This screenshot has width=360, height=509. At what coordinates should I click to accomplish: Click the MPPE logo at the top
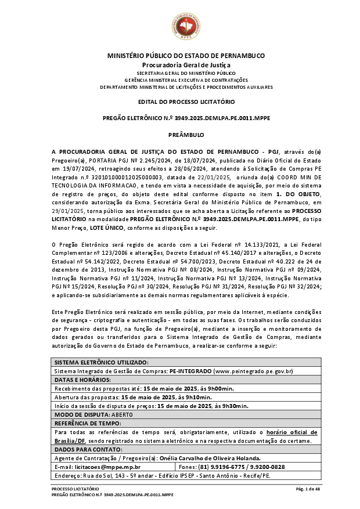pyautogui.click(x=186, y=25)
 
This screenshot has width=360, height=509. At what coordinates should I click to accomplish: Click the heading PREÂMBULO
pyautogui.click(x=186, y=135)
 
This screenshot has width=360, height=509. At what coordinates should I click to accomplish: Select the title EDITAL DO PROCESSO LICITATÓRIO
pyautogui.click(x=186, y=102)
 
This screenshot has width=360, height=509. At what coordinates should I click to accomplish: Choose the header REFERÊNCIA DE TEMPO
pyautogui.click(x=87, y=423)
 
